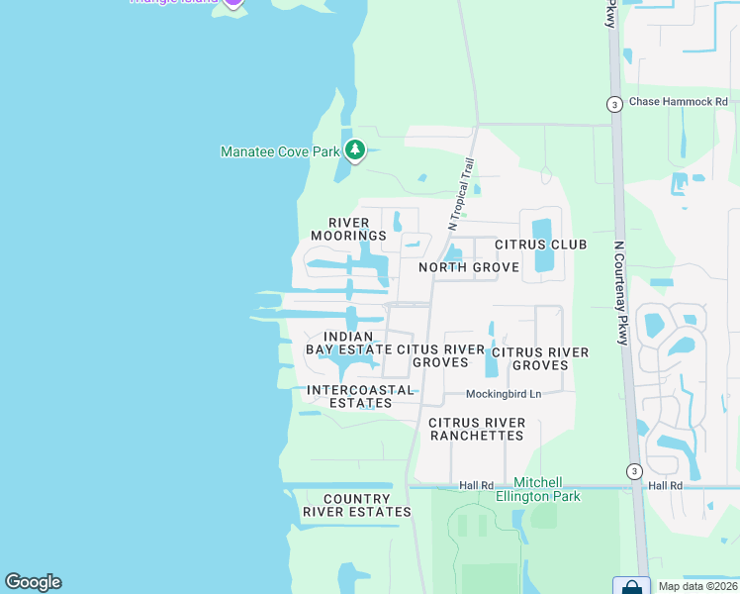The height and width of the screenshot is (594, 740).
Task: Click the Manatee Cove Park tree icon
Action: point(355,150)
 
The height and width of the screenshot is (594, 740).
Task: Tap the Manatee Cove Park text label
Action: point(280,151)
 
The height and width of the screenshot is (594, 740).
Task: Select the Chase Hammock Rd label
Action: point(678,102)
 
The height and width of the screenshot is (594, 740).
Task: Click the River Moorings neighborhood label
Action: point(348,229)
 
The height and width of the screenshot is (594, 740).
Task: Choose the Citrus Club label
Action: point(540,245)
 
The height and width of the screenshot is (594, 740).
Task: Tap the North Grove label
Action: point(468,267)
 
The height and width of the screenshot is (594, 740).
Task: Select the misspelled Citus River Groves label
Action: point(440,356)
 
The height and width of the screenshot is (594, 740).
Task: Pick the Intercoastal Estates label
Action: point(360,396)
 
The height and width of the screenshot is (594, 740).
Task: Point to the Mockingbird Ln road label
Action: point(505,394)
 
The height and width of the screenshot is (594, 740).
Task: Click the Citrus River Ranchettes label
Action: point(476,429)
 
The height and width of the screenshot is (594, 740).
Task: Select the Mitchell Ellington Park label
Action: point(539,489)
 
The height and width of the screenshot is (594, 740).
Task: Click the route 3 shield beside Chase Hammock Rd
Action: point(614,103)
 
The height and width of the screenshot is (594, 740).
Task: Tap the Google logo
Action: point(33,582)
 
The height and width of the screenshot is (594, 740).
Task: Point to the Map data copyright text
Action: point(697,586)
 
